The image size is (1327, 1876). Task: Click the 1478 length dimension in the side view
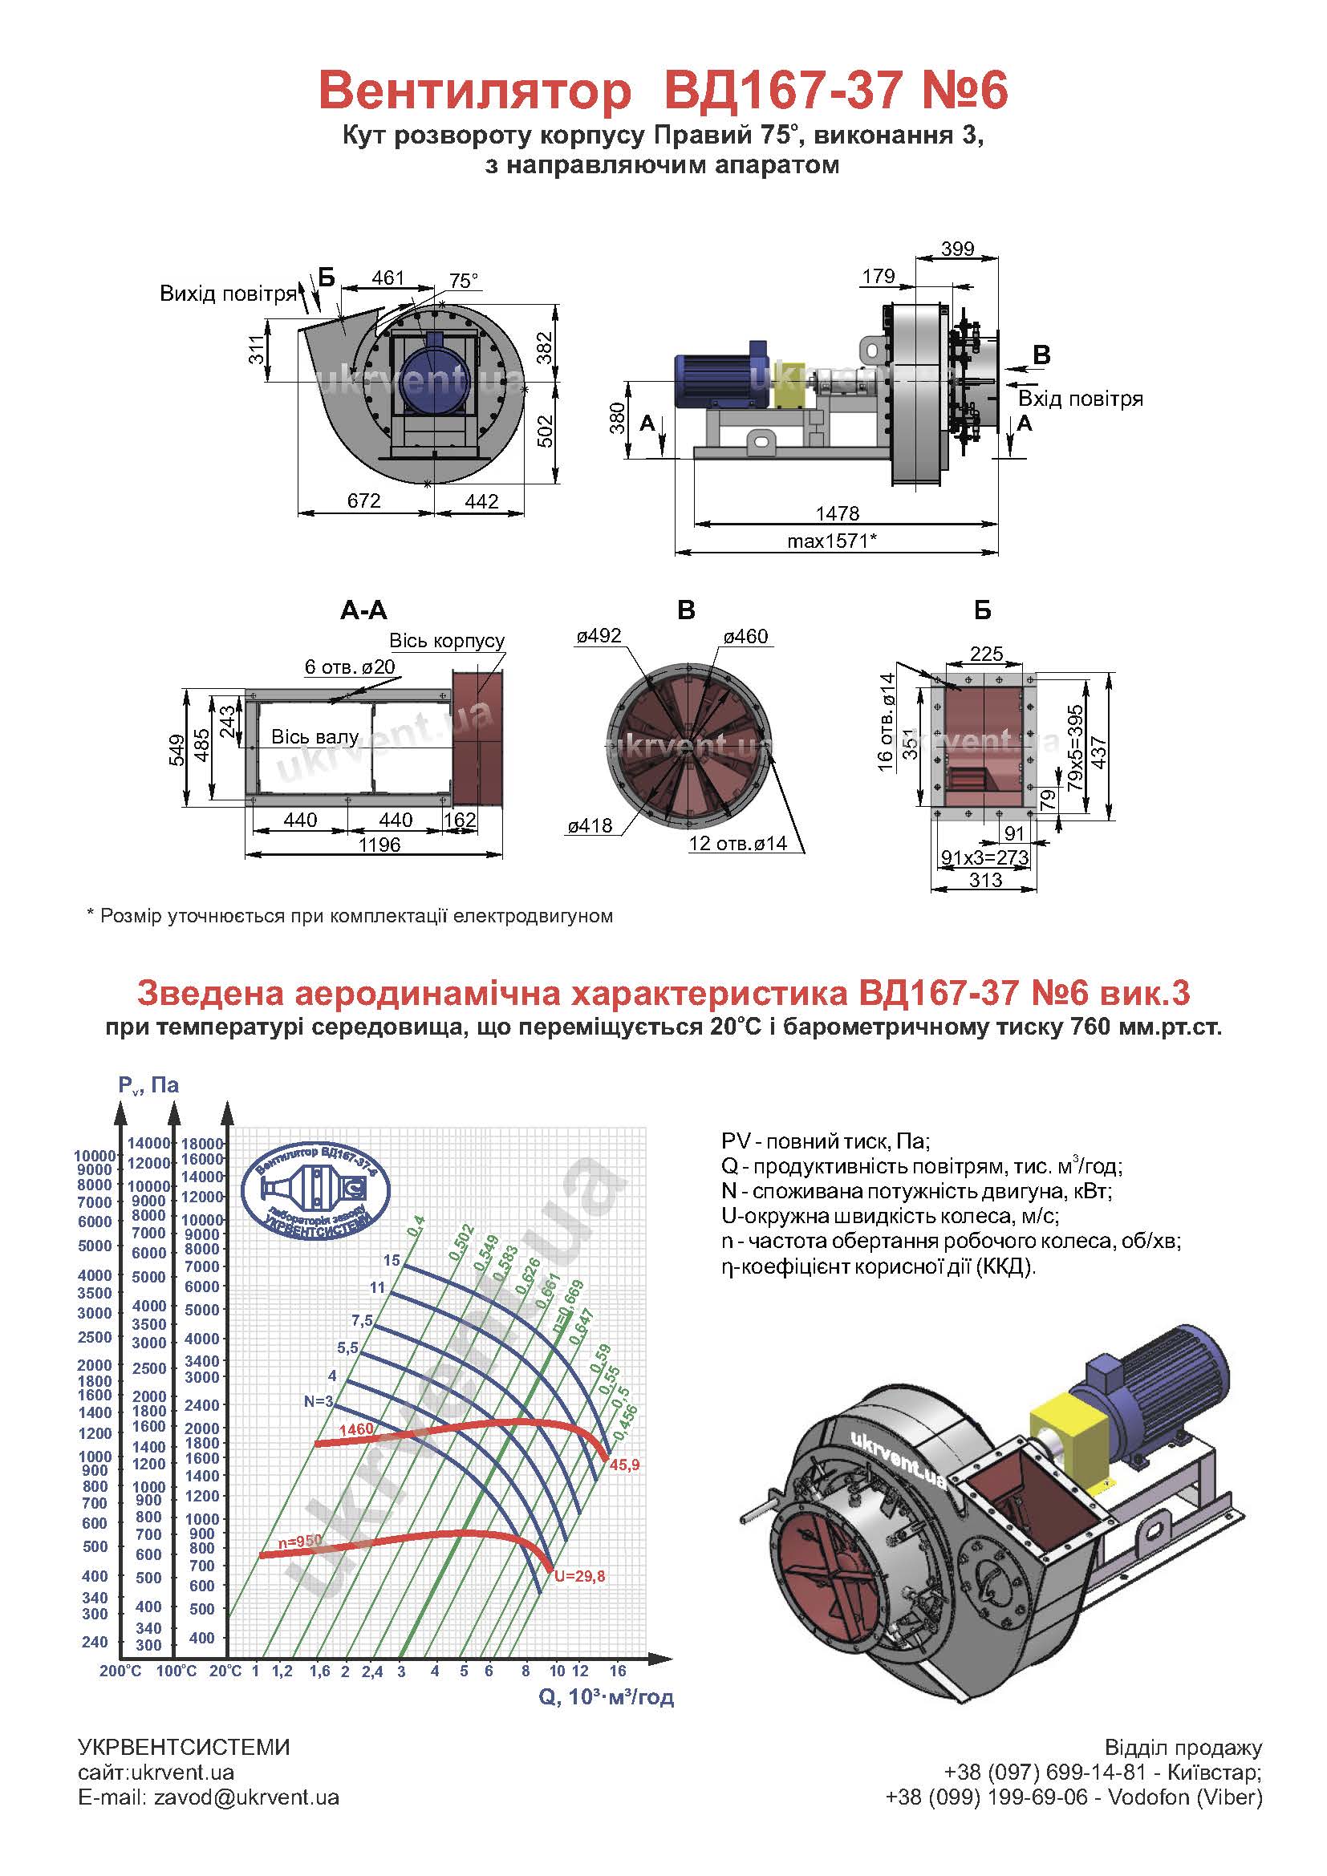tap(838, 513)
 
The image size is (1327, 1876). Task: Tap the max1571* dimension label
tap(832, 540)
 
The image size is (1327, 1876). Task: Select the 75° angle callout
tap(463, 281)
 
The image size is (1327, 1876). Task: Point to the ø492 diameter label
tap(599, 636)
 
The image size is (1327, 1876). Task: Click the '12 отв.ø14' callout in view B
tap(739, 843)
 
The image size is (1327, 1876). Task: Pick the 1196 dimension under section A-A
tap(379, 845)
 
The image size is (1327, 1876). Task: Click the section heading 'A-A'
tap(363, 610)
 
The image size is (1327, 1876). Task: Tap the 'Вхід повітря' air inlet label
tap(1080, 399)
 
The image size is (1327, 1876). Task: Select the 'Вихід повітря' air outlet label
tap(228, 294)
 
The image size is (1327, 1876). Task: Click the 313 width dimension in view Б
tap(985, 880)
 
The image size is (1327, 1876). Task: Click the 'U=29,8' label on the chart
tap(579, 1577)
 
